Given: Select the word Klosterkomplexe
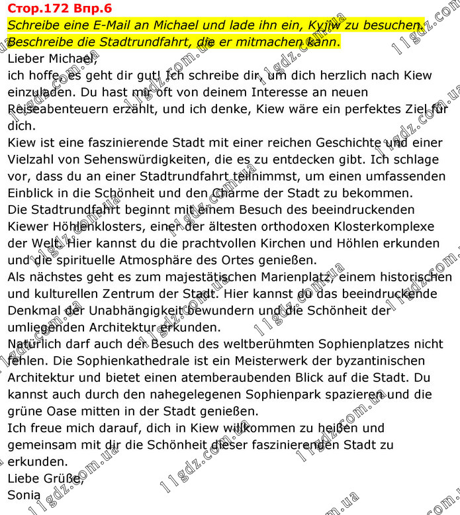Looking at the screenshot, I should [x=379, y=227].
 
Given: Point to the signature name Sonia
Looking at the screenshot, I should [x=24, y=494].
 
